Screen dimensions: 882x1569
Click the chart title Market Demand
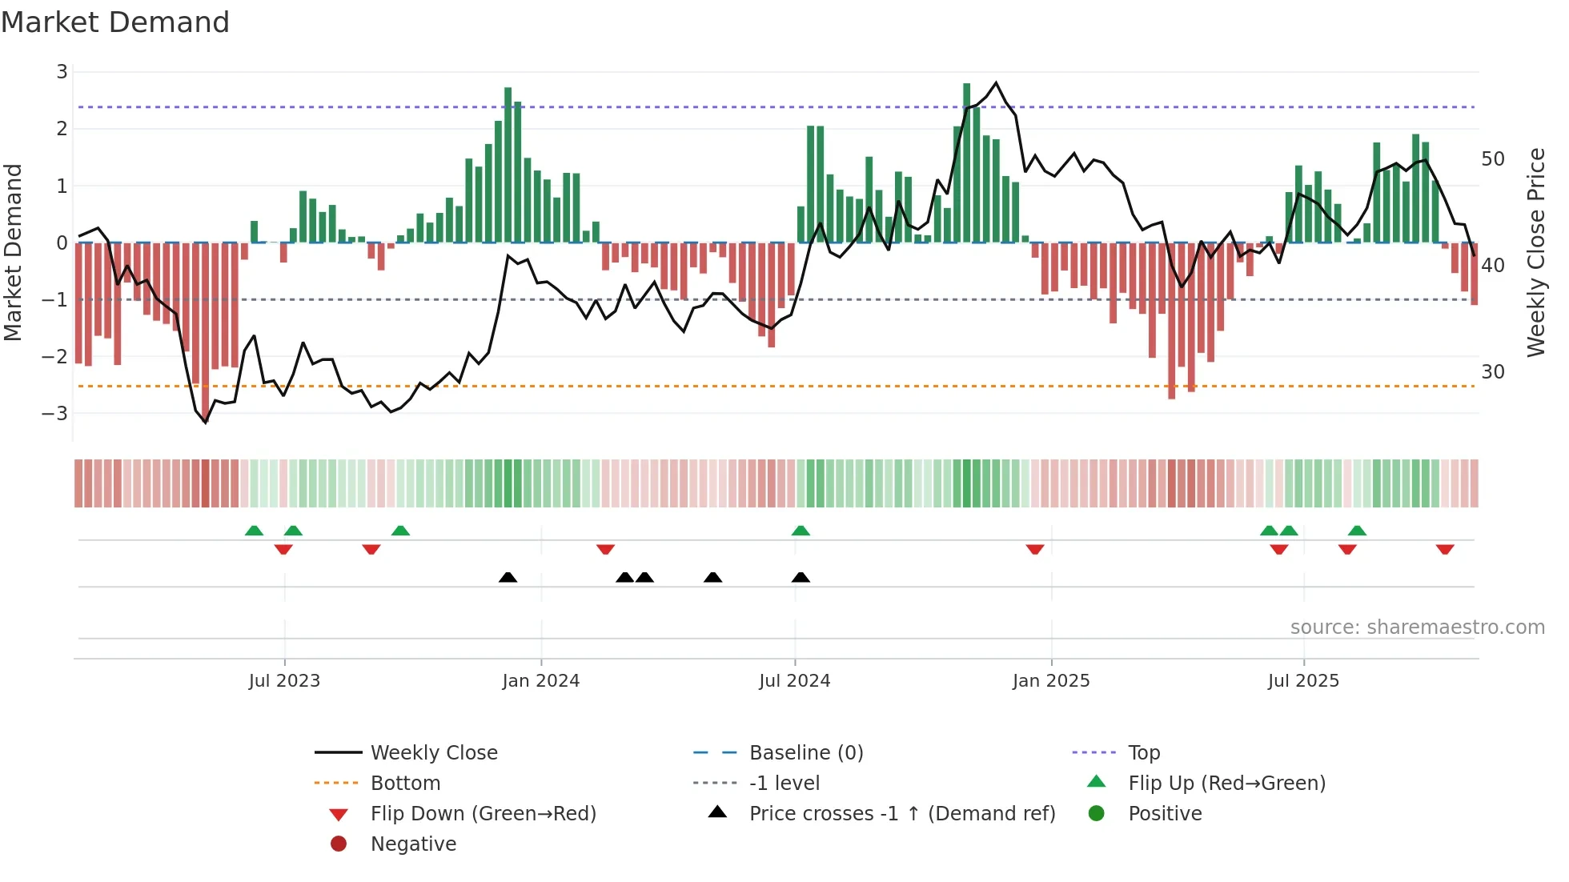coord(115,22)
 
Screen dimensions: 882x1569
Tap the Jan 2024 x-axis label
coord(540,681)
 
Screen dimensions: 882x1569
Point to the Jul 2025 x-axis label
coord(1302,681)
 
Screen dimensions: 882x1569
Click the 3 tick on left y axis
coord(62,72)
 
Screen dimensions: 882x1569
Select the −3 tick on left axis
coord(56,414)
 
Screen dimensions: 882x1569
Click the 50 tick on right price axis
coord(1492,159)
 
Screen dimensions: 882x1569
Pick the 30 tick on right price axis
coord(1492,372)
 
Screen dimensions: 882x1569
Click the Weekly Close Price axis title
coord(1535,252)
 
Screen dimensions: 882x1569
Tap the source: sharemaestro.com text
coord(1417,627)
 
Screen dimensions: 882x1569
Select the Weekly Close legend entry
coord(433,753)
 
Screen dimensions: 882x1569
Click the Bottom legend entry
coord(405,784)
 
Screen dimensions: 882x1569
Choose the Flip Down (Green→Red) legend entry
coord(483,814)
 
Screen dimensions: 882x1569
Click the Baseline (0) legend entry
coord(805,753)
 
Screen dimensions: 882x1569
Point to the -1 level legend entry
coord(784,784)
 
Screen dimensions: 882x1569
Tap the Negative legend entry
coord(413,844)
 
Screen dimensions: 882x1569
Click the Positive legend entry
coord(1165,814)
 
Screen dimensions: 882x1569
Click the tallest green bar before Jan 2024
coord(508,164)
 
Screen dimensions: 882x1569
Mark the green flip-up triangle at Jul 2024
coord(801,531)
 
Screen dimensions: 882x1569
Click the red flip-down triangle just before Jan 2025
coord(1035,549)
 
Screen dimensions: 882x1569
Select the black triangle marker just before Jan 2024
coord(508,577)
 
